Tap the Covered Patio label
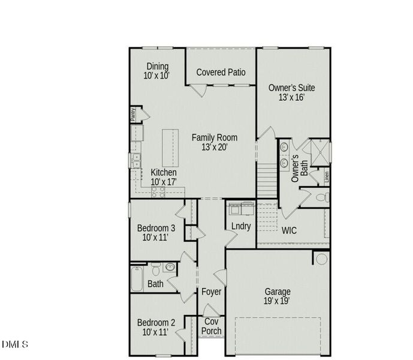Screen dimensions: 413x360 (221, 72)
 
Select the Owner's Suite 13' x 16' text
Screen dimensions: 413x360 (291, 92)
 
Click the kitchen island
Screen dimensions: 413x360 (170, 148)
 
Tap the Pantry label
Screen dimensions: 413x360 (133, 115)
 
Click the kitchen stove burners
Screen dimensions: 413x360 (158, 192)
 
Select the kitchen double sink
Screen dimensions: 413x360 (137, 161)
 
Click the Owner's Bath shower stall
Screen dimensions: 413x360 (320, 152)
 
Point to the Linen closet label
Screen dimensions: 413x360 (327, 177)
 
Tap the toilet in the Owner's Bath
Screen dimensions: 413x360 (322, 197)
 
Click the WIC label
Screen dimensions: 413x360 (289, 230)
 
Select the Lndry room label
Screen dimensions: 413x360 (241, 226)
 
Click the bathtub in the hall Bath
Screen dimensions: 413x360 (137, 279)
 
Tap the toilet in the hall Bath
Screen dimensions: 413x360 (156, 268)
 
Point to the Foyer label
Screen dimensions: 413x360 (211, 292)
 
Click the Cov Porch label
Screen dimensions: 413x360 (211, 326)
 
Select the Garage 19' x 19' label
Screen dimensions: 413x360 (277, 296)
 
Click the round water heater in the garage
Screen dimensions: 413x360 (321, 259)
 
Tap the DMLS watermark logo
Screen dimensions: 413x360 (15, 344)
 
